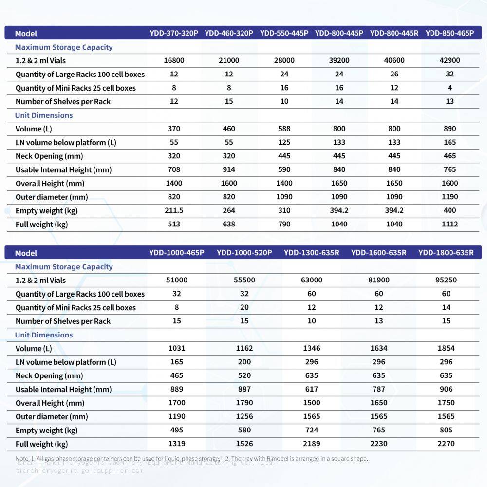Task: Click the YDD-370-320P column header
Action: tap(174, 33)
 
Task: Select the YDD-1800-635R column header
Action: tap(446, 253)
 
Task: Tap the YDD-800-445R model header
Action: tap(394, 33)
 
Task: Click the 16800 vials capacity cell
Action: tap(174, 60)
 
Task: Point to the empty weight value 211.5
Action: tap(174, 210)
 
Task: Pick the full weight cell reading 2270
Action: tap(446, 444)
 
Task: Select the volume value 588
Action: tap(284, 129)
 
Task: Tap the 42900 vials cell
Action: tap(450, 60)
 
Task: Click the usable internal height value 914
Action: tap(229, 169)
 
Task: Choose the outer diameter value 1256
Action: tap(244, 416)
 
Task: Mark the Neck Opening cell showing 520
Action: tap(244, 375)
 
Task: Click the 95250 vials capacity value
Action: tap(446, 280)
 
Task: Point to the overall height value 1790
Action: tap(244, 403)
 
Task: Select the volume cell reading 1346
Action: tap(312, 348)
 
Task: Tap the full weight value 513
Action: tap(174, 224)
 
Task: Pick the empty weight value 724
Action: tap(312, 430)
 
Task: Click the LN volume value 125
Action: tap(284, 142)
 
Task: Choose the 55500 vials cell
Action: tap(244, 280)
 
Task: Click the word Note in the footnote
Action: tap(22, 458)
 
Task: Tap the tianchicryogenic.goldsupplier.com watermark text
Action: tap(79, 470)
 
